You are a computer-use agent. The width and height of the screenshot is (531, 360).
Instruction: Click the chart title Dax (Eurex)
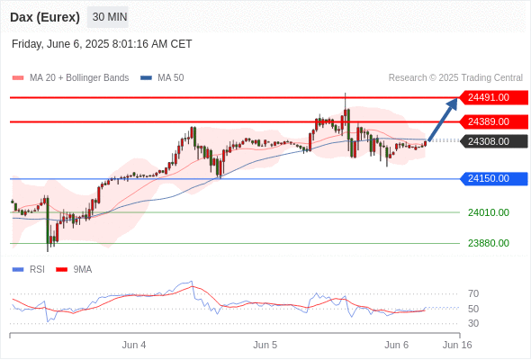tap(45, 17)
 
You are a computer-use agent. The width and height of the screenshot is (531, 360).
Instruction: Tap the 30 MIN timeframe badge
tap(108, 17)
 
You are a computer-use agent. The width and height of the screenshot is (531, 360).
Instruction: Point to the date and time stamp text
tap(102, 44)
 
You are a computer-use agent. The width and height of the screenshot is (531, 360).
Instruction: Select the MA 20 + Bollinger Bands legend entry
tap(70, 78)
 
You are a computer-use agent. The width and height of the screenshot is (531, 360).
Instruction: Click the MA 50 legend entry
tap(162, 78)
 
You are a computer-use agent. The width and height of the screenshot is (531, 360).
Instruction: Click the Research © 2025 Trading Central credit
tap(455, 78)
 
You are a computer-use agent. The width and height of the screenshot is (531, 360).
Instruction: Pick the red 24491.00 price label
tap(493, 97)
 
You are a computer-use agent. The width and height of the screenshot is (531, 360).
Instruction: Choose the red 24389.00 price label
tap(493, 121)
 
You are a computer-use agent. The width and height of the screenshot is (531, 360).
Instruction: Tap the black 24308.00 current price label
tap(493, 141)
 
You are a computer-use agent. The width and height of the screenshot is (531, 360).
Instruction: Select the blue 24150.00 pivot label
tap(493, 178)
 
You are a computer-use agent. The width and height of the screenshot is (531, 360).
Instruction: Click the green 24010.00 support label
tap(489, 212)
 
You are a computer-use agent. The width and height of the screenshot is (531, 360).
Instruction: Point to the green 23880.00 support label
tap(489, 243)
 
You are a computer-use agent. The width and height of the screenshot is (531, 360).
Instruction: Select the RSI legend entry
tap(29, 270)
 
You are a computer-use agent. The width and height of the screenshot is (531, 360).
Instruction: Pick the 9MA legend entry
tap(74, 270)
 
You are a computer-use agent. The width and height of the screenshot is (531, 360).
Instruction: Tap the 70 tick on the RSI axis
tap(473, 293)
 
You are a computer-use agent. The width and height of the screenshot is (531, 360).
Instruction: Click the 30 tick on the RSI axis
tap(473, 323)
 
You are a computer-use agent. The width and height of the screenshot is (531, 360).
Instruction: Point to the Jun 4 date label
tap(134, 345)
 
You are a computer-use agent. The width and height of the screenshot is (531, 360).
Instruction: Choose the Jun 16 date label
tap(457, 345)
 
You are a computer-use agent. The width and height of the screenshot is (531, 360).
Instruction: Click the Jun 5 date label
tap(265, 345)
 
